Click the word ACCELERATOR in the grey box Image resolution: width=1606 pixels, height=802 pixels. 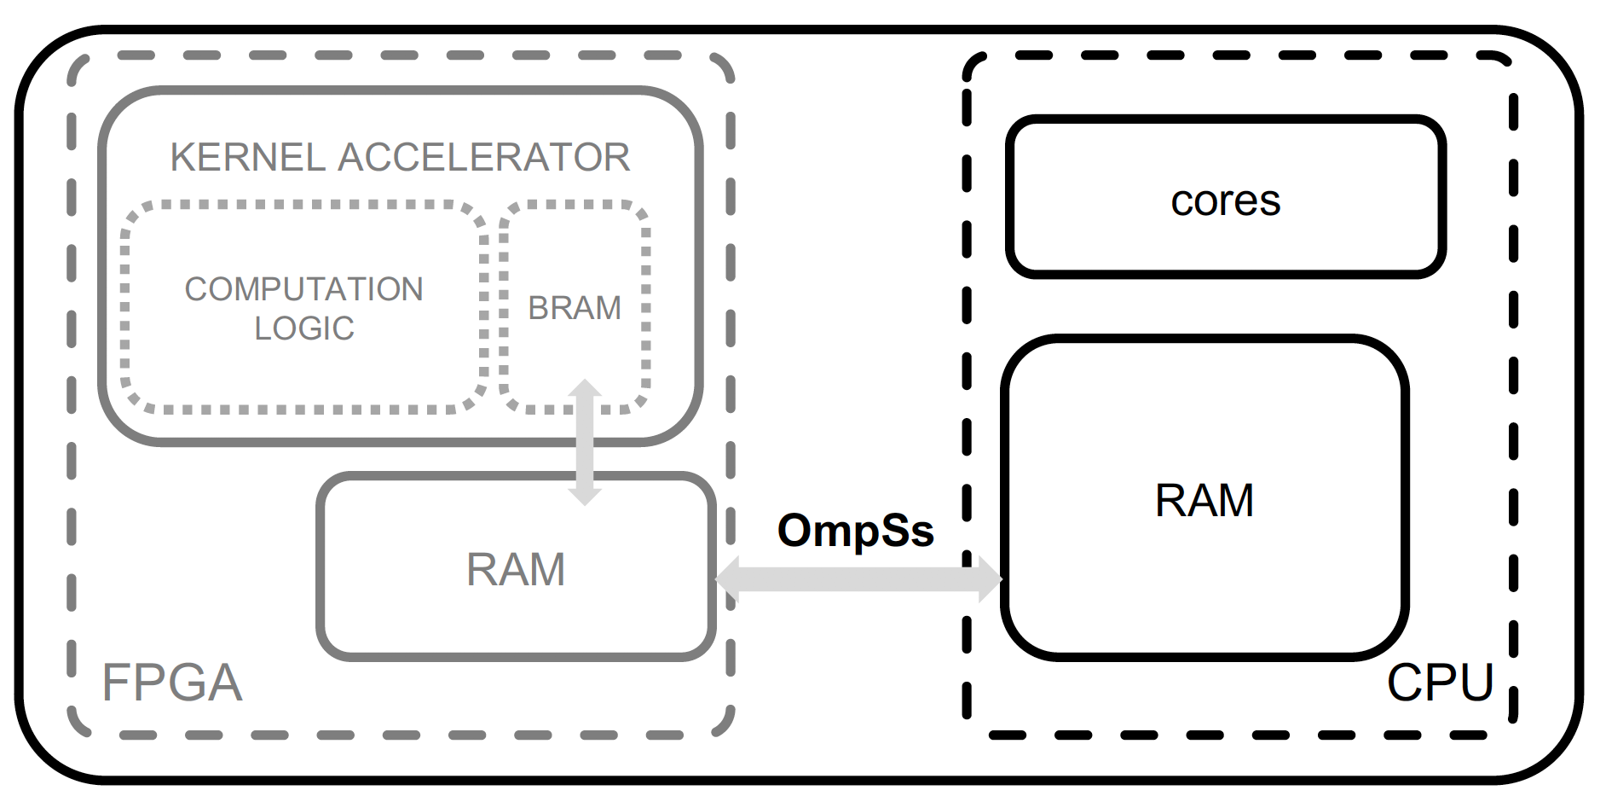point(484,157)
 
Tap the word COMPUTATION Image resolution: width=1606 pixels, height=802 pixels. point(303,289)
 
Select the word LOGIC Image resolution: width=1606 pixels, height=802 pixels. point(304,328)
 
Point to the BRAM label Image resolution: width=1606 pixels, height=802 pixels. point(575,308)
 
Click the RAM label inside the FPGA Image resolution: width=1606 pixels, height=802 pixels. point(516,569)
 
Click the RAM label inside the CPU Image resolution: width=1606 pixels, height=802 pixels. point(1204,500)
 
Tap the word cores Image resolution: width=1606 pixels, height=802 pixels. point(1226,201)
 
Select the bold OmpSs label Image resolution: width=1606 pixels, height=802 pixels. point(856,530)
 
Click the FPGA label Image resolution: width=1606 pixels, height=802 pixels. point(172,683)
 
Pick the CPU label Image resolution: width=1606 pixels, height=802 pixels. point(1441,683)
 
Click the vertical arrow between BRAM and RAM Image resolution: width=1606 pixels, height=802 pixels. point(585,442)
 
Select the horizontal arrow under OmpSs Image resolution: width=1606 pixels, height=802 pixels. point(858,579)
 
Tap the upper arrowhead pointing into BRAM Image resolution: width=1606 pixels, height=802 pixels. point(585,388)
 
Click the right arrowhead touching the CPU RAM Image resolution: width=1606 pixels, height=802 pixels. point(991,579)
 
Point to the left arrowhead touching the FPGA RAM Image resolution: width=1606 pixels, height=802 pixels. point(726,579)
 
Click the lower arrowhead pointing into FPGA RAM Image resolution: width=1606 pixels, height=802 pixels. point(585,496)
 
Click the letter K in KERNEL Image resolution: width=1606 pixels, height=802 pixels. point(182,157)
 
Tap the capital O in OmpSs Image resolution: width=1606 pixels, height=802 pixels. point(795,530)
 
